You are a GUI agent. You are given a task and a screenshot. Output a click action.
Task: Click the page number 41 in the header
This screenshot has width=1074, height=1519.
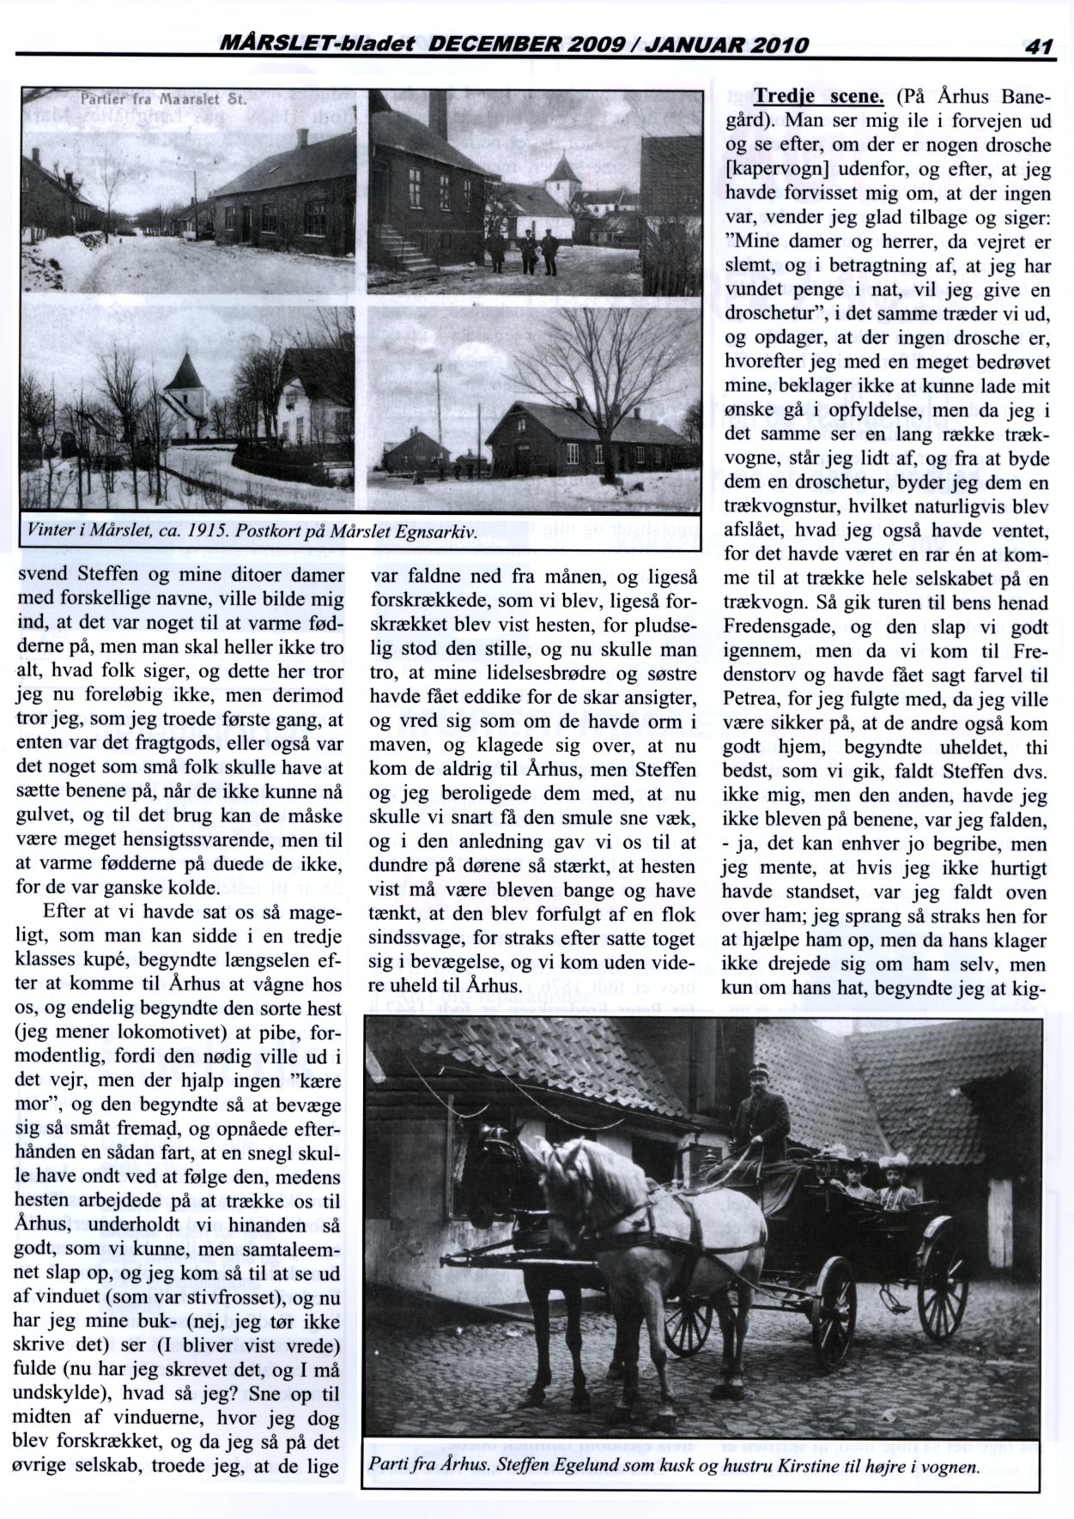pyautogui.click(x=1039, y=46)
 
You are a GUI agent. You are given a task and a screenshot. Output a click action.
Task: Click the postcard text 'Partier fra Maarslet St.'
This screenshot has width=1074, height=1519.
pyautogui.click(x=163, y=98)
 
